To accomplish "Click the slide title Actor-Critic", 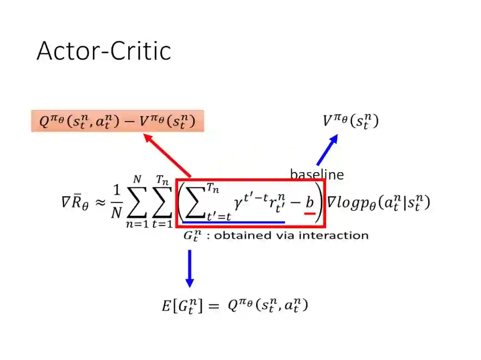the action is pos(104,51).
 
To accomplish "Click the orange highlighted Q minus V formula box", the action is pos(118,121).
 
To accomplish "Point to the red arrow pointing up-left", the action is pos(167,155).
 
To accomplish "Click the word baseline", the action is pos(317,174).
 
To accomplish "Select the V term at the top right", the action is pos(351,121).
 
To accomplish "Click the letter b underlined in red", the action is pos(309,202).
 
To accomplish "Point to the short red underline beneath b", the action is pos(310,213).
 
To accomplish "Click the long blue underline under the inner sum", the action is pos(233,222).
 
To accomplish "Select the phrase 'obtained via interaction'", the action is pos(291,235).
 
